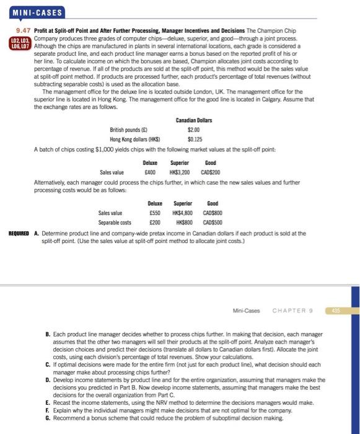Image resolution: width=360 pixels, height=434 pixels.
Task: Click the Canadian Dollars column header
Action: click(193, 120)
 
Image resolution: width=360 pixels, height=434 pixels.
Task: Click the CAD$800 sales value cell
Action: click(213, 211)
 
